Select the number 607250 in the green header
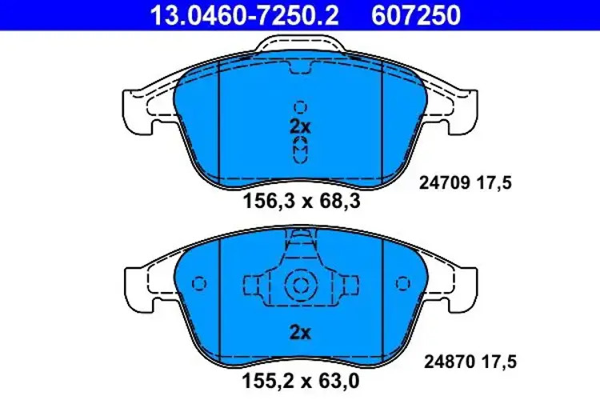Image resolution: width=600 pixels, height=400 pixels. [x=415, y=14]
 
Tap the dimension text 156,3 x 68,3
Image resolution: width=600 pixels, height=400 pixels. [x=301, y=202]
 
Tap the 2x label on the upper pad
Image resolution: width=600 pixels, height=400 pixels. [x=300, y=126]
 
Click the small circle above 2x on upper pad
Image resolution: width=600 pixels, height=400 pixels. [x=300, y=106]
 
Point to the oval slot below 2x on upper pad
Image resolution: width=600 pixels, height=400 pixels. [x=300, y=148]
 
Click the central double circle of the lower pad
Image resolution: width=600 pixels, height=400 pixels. [x=300, y=285]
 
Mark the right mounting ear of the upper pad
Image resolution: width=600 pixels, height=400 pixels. [x=465, y=112]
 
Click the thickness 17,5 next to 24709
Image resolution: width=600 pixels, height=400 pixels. [x=496, y=183]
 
